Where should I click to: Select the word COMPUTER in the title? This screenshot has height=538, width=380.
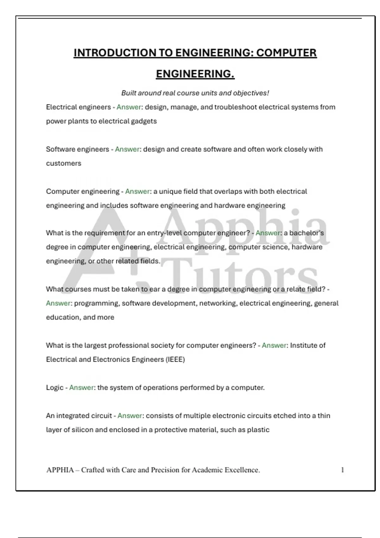click(286, 53)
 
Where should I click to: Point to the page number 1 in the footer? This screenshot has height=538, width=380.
click(342, 470)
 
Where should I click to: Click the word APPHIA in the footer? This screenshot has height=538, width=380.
click(60, 470)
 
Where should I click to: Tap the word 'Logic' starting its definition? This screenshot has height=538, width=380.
click(55, 388)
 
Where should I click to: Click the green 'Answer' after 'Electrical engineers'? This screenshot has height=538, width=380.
click(129, 107)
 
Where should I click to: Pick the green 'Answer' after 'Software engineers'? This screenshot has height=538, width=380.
click(127, 149)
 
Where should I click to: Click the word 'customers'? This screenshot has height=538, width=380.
click(64, 163)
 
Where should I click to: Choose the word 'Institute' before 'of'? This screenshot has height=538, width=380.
click(304, 345)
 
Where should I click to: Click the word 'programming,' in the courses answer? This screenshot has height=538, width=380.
click(97, 303)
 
